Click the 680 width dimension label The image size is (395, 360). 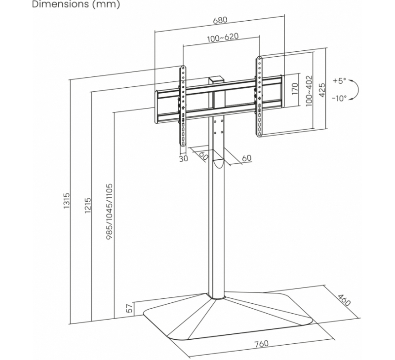point(220,21)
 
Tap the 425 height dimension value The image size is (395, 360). point(322,90)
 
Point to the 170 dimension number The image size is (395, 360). point(295,89)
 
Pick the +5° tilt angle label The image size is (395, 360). point(340,80)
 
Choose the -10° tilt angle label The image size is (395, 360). point(339,98)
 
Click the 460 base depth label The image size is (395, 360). point(343,300)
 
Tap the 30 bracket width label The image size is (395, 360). point(183,159)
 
